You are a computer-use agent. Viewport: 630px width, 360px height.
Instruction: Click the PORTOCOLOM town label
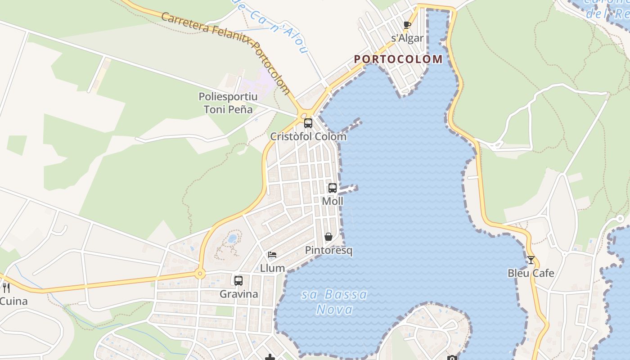pyautogui.click(x=398, y=59)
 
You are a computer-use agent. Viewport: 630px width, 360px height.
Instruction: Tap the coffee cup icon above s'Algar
pyautogui.click(x=407, y=25)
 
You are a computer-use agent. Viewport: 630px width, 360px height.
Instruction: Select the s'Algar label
pyautogui.click(x=407, y=38)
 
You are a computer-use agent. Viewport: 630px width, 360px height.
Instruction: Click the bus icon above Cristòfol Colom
pyautogui.click(x=308, y=123)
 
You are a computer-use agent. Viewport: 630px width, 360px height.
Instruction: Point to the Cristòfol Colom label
pyautogui.click(x=308, y=136)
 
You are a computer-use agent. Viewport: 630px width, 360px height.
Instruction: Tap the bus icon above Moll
pyautogui.click(x=333, y=188)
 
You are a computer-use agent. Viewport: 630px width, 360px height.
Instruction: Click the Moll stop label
pyautogui.click(x=333, y=201)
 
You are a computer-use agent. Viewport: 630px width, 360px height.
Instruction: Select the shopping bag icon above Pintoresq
pyautogui.click(x=328, y=237)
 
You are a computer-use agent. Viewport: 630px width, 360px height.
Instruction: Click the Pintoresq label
pyautogui.click(x=328, y=250)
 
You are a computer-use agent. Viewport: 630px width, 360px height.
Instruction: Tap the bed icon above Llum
pyautogui.click(x=272, y=255)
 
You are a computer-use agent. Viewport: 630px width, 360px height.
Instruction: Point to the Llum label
pyautogui.click(x=272, y=268)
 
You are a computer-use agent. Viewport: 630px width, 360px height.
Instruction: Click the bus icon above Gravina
pyautogui.click(x=238, y=281)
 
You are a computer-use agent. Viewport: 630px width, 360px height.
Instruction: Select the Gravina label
pyautogui.click(x=238, y=294)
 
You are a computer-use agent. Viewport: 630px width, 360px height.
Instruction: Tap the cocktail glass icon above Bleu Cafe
pyautogui.click(x=531, y=260)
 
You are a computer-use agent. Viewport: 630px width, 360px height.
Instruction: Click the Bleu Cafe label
pyautogui.click(x=531, y=273)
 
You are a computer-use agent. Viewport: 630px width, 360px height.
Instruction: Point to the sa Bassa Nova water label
pyautogui.click(x=334, y=302)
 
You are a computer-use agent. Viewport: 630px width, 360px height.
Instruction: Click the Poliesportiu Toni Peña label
pyautogui.click(x=228, y=103)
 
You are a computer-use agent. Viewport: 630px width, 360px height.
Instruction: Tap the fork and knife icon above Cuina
pyautogui.click(x=6, y=288)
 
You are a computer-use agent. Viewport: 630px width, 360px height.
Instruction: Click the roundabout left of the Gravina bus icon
pyautogui.click(x=200, y=273)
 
